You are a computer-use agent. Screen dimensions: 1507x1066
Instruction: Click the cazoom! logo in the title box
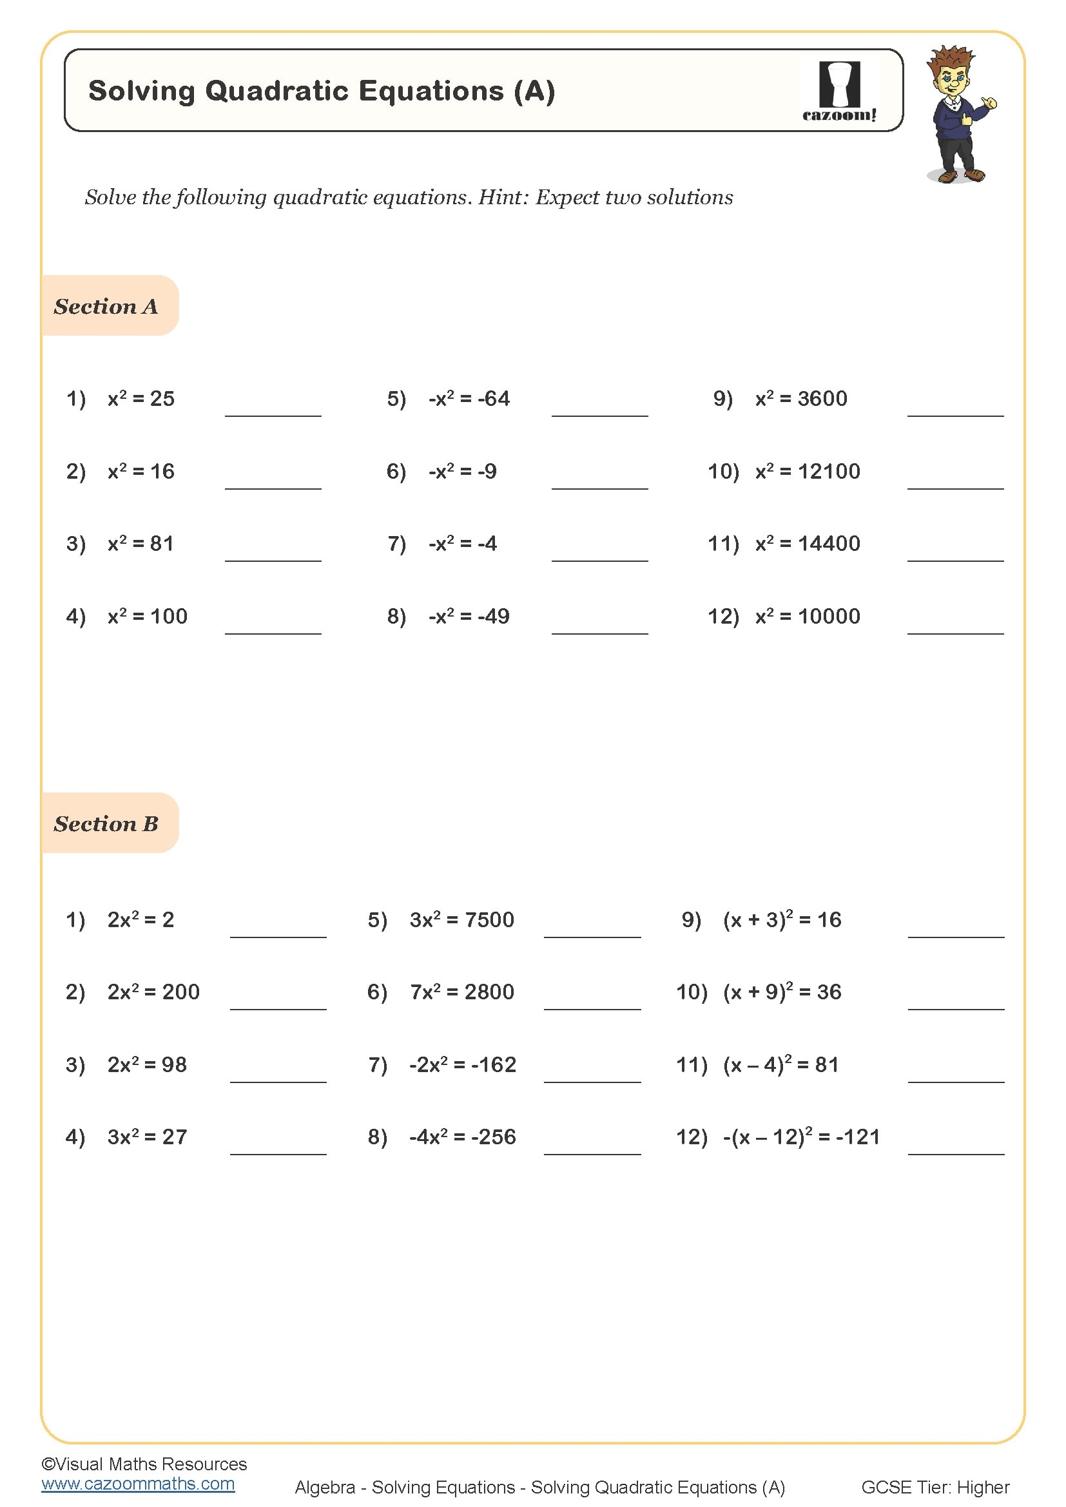(x=839, y=91)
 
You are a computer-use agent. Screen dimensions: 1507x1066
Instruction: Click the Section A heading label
(x=106, y=307)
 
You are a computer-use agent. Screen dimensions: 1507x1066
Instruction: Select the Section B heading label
(x=106, y=824)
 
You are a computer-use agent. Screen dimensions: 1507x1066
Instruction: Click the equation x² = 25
(x=141, y=398)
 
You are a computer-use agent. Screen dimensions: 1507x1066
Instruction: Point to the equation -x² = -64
(x=469, y=398)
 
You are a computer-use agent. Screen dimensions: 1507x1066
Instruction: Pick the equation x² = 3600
(x=801, y=398)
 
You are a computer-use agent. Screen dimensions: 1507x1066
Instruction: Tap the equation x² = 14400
(x=808, y=544)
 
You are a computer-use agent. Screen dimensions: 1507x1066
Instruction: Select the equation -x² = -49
(x=469, y=617)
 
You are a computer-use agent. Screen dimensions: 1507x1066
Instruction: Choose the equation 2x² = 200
(x=153, y=992)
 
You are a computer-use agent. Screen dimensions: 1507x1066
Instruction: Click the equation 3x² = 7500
(x=461, y=919)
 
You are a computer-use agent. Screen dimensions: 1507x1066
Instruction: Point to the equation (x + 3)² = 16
(x=782, y=919)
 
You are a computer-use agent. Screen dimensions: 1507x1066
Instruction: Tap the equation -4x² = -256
(x=462, y=1137)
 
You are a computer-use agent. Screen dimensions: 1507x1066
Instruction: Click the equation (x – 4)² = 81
(x=780, y=1064)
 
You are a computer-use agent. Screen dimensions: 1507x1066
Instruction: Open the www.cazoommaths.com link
(x=138, y=1484)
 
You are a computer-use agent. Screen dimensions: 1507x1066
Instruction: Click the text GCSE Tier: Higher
(x=935, y=1487)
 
